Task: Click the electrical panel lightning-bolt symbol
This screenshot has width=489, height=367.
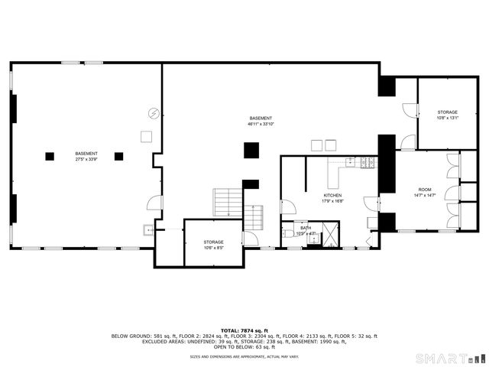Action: click(154, 113)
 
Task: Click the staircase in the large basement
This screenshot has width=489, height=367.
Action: click(227, 203)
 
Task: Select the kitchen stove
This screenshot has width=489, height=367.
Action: click(369, 161)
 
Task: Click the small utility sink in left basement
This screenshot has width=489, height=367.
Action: click(147, 228)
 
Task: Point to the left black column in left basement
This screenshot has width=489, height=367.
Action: click(50, 156)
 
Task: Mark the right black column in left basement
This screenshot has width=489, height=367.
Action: click(119, 156)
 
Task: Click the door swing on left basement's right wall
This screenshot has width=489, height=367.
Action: click(155, 203)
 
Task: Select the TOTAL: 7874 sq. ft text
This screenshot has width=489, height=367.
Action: click(244, 330)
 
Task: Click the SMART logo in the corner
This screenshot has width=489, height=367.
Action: click(448, 357)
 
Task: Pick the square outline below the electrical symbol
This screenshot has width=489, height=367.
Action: click(146, 137)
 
